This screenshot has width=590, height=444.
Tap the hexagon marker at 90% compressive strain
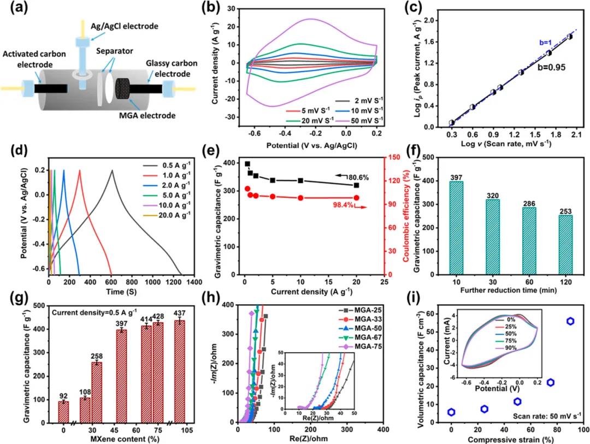pyautogui.click(x=570, y=322)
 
